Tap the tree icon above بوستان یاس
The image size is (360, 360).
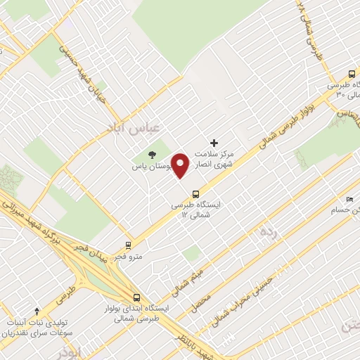[x=152, y=155]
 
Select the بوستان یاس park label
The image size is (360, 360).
[x=153, y=167]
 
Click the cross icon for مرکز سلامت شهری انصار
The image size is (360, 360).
[x=214, y=143]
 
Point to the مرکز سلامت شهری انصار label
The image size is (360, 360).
[x=225, y=158]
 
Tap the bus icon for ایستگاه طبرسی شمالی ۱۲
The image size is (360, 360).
[x=195, y=193]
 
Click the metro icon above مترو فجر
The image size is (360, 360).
[x=128, y=245]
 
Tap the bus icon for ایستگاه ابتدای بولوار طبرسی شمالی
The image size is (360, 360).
[x=136, y=297]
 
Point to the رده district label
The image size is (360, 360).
[x=267, y=232]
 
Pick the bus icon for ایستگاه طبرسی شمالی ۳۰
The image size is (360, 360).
[x=352, y=74]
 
